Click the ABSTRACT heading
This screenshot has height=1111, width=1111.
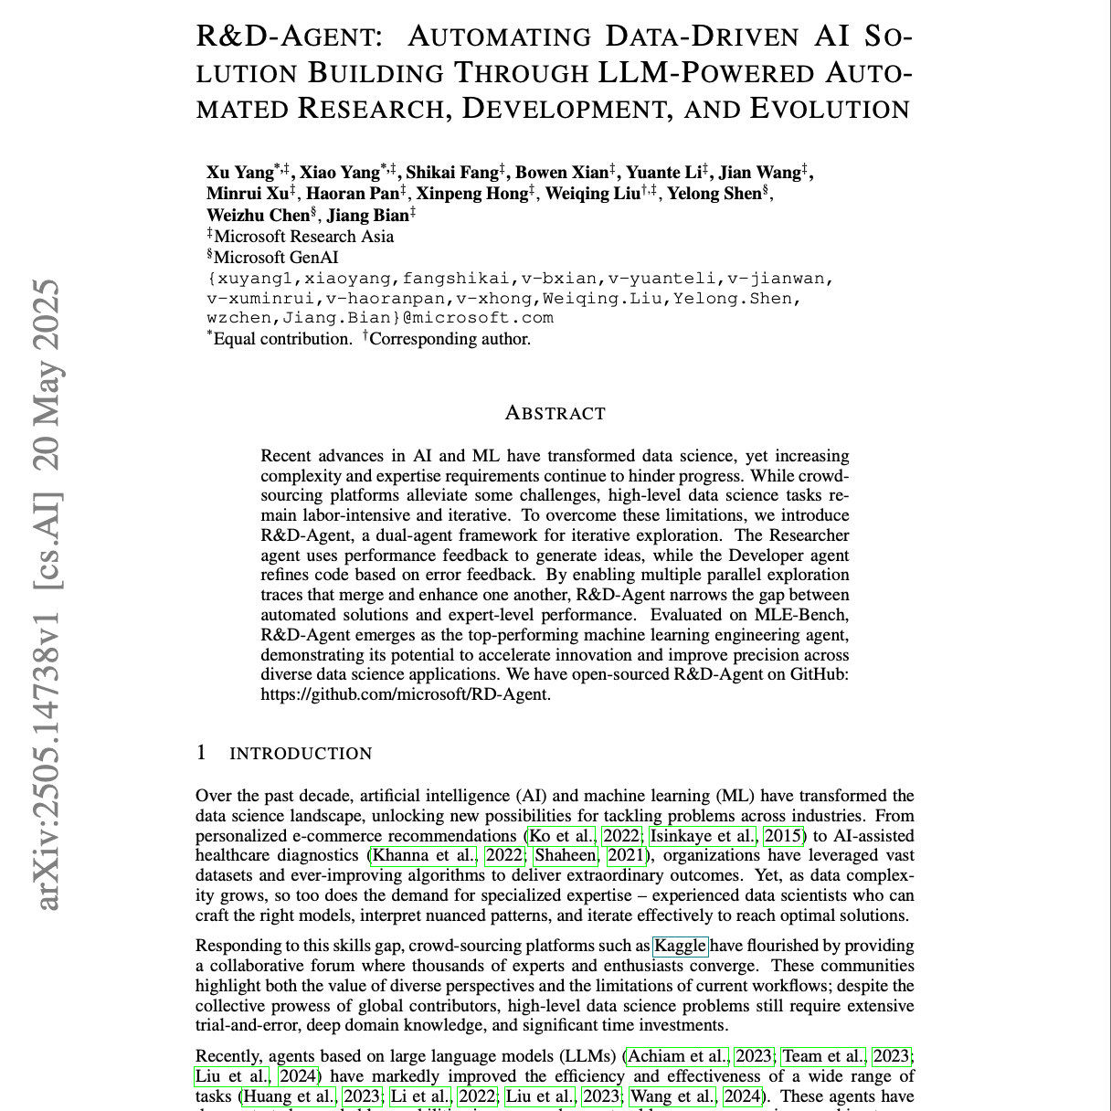point(555,414)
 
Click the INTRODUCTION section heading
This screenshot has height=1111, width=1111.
point(301,754)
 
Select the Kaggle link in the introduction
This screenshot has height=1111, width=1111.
point(680,946)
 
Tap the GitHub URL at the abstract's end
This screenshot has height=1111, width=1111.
point(406,694)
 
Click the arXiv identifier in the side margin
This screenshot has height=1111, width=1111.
point(48,595)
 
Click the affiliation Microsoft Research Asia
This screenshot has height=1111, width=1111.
point(303,237)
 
